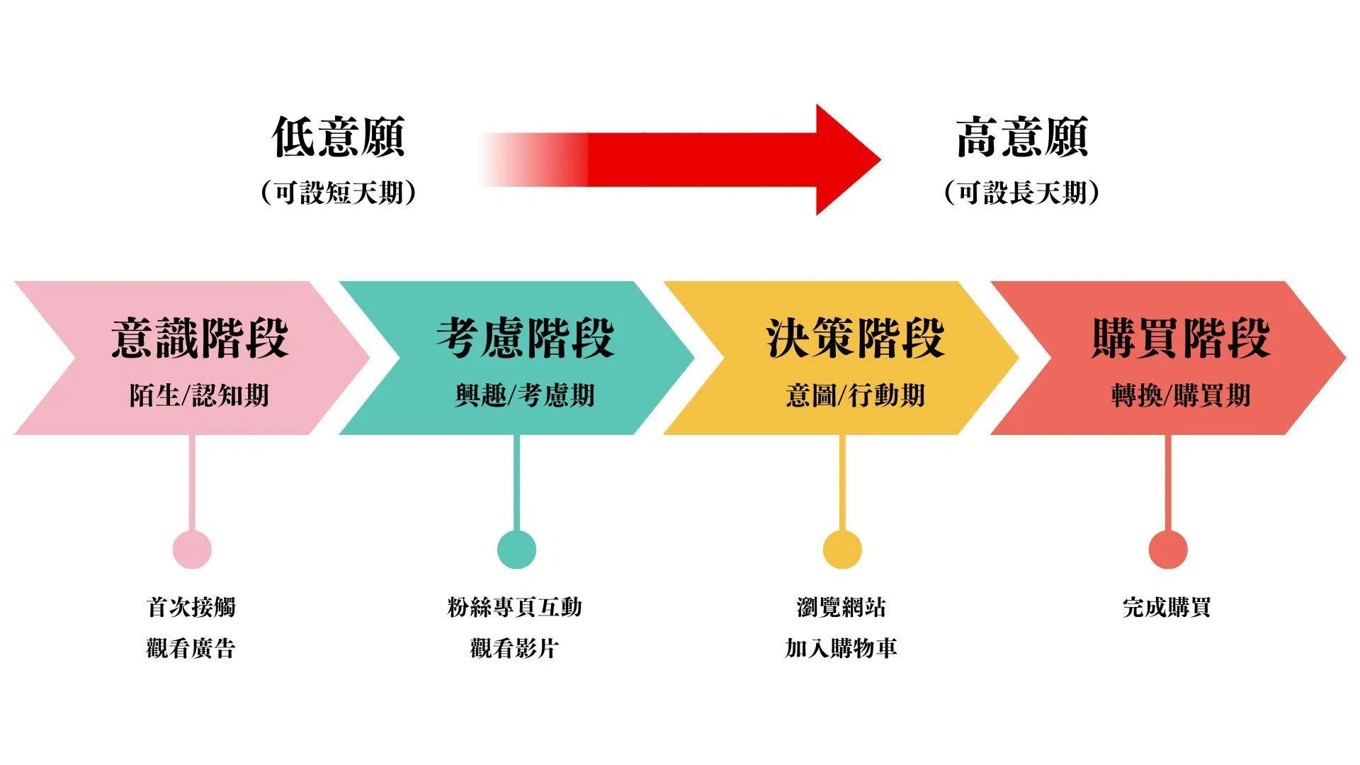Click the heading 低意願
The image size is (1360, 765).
(x=339, y=137)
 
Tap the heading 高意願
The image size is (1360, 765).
(x=1022, y=137)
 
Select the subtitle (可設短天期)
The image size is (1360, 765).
(x=339, y=192)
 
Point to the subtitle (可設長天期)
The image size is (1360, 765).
(x=1022, y=192)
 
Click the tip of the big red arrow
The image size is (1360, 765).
(x=880, y=159)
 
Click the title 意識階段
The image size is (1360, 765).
(x=200, y=338)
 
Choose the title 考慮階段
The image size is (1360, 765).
(x=525, y=338)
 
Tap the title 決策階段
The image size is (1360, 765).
(x=855, y=338)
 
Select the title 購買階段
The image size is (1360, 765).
(x=1181, y=338)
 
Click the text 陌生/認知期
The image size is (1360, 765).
(x=199, y=395)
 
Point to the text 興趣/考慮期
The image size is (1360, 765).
(x=525, y=395)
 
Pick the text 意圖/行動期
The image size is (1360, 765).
(x=855, y=395)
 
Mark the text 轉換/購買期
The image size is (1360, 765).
(x=1181, y=395)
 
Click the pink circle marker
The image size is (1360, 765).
(x=192, y=550)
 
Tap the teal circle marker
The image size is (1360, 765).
(x=516, y=550)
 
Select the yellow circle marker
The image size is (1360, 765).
(x=842, y=550)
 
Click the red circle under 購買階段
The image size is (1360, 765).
(x=1168, y=550)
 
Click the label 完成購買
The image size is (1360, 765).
(x=1167, y=607)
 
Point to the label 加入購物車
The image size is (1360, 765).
(x=841, y=647)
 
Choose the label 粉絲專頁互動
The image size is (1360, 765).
(x=515, y=607)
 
